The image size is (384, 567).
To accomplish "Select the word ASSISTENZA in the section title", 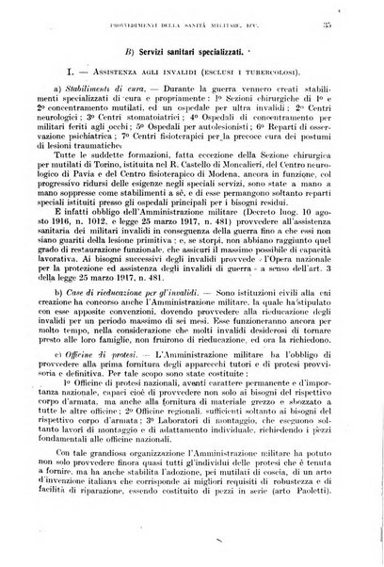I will [x=122, y=97].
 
